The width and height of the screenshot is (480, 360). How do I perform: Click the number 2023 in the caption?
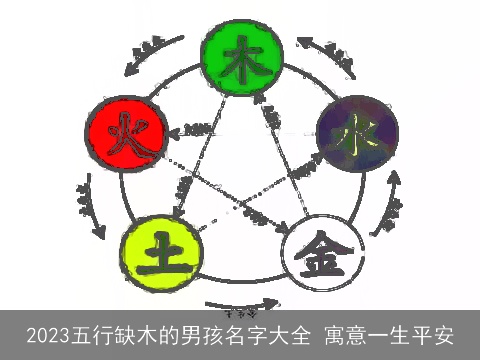coord(49,334)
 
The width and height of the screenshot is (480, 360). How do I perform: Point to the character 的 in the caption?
coord(158,334)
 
